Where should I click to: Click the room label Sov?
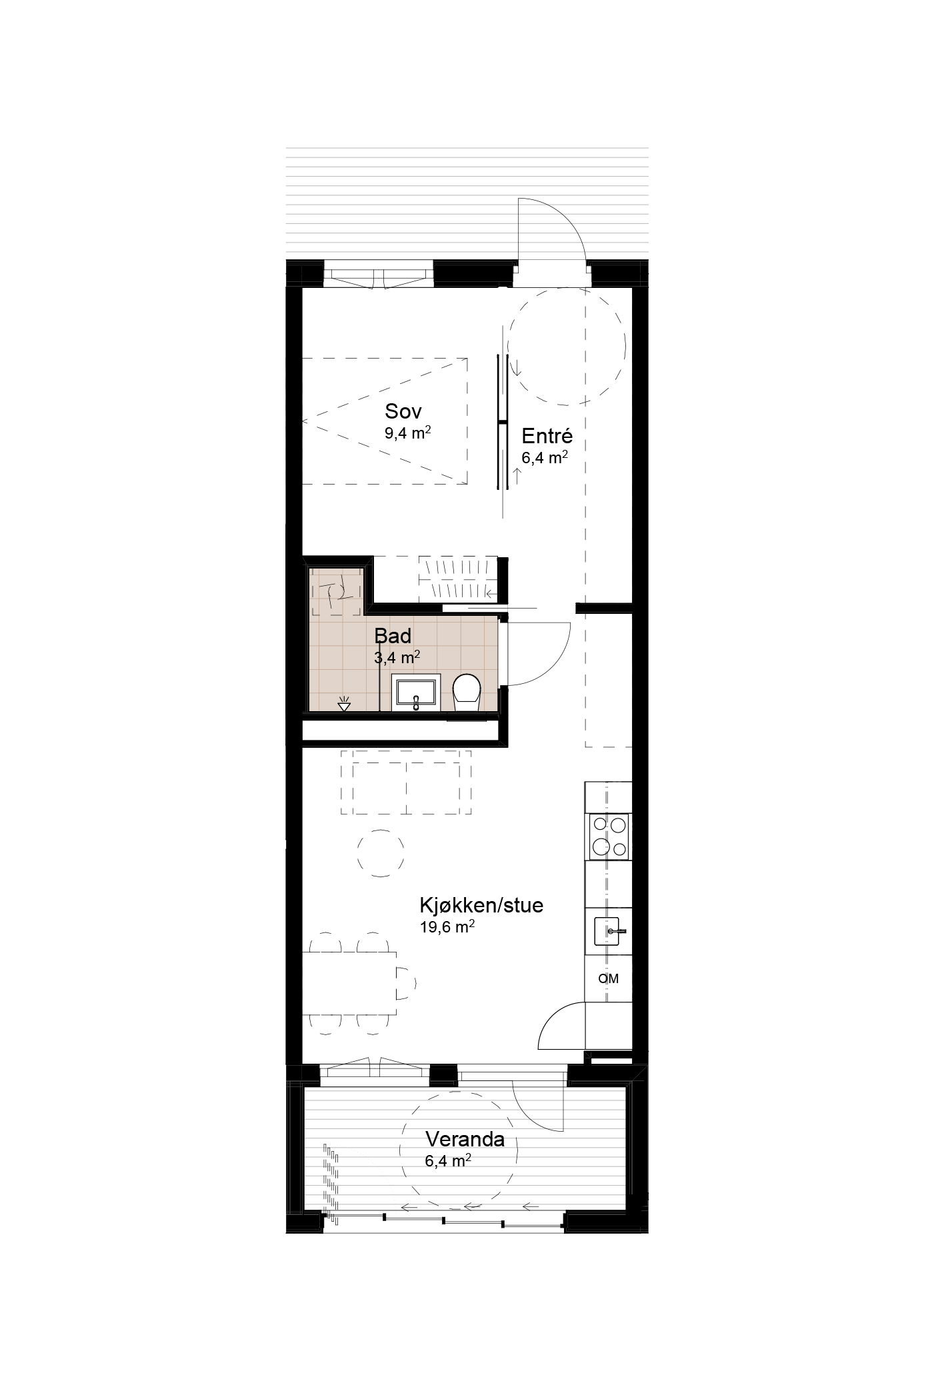click(403, 411)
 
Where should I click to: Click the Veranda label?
click(465, 1140)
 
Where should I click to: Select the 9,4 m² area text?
click(407, 433)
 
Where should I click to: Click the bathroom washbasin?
click(416, 692)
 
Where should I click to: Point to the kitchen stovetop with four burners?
click(609, 836)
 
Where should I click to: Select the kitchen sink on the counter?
click(608, 931)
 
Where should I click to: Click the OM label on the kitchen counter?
click(609, 978)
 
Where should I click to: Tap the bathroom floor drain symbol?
click(344, 703)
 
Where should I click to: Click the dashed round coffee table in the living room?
click(381, 853)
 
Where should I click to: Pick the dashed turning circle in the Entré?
click(567, 347)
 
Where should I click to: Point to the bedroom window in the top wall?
click(379, 277)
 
